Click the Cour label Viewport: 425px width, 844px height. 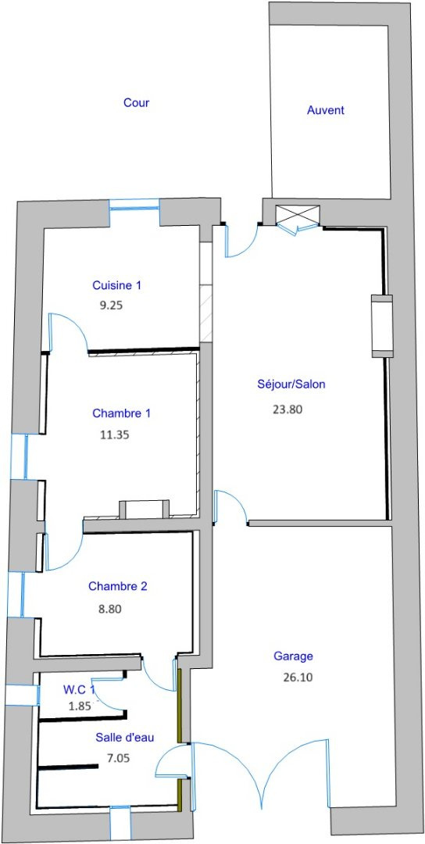point(136,102)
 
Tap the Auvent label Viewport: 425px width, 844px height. point(326,110)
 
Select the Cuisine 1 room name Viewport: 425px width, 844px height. point(116,285)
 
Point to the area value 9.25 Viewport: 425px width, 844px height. point(112,306)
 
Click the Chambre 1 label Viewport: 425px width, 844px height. point(122,413)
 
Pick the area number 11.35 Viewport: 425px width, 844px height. point(115,434)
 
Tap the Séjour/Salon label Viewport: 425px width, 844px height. point(291,384)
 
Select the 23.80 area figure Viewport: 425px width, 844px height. point(287,409)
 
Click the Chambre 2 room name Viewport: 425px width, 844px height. point(118,587)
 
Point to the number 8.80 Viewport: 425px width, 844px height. point(109,610)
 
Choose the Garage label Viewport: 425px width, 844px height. point(293,656)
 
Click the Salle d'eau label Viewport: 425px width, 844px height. point(125,738)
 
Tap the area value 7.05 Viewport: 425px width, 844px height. point(118,758)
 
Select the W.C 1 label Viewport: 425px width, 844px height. point(79,689)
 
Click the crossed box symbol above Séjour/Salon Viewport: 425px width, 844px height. point(297,214)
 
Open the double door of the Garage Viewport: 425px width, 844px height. point(262,775)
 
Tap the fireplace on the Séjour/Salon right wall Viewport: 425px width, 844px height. point(381,326)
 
